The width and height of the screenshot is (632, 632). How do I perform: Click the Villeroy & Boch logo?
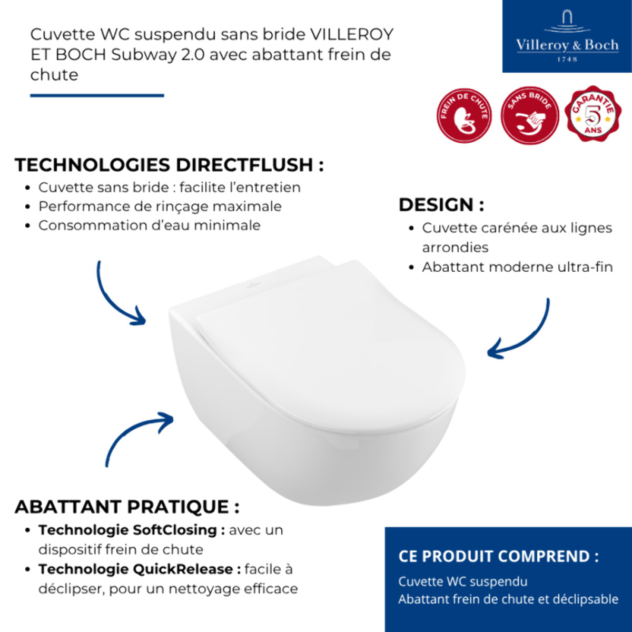[567, 36]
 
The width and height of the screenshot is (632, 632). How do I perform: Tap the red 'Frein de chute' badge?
[464, 116]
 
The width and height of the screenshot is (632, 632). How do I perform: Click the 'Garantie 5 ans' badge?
[591, 114]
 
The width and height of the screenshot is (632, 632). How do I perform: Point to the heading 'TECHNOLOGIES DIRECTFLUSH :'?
[169, 165]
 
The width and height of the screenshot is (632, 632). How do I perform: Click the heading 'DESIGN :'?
[441, 204]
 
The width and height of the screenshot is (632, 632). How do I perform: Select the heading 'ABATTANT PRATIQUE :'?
[127, 507]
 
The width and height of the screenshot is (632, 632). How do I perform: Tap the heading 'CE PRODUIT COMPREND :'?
[498, 556]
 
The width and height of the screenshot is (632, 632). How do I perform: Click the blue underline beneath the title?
[97, 95]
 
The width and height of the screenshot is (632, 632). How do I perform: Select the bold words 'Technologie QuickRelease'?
[135, 569]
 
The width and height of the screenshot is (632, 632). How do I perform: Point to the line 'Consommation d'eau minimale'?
[149, 225]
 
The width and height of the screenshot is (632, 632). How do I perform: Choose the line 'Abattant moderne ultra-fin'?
[517, 267]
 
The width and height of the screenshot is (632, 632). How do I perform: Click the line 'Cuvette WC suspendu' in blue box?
[462, 581]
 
